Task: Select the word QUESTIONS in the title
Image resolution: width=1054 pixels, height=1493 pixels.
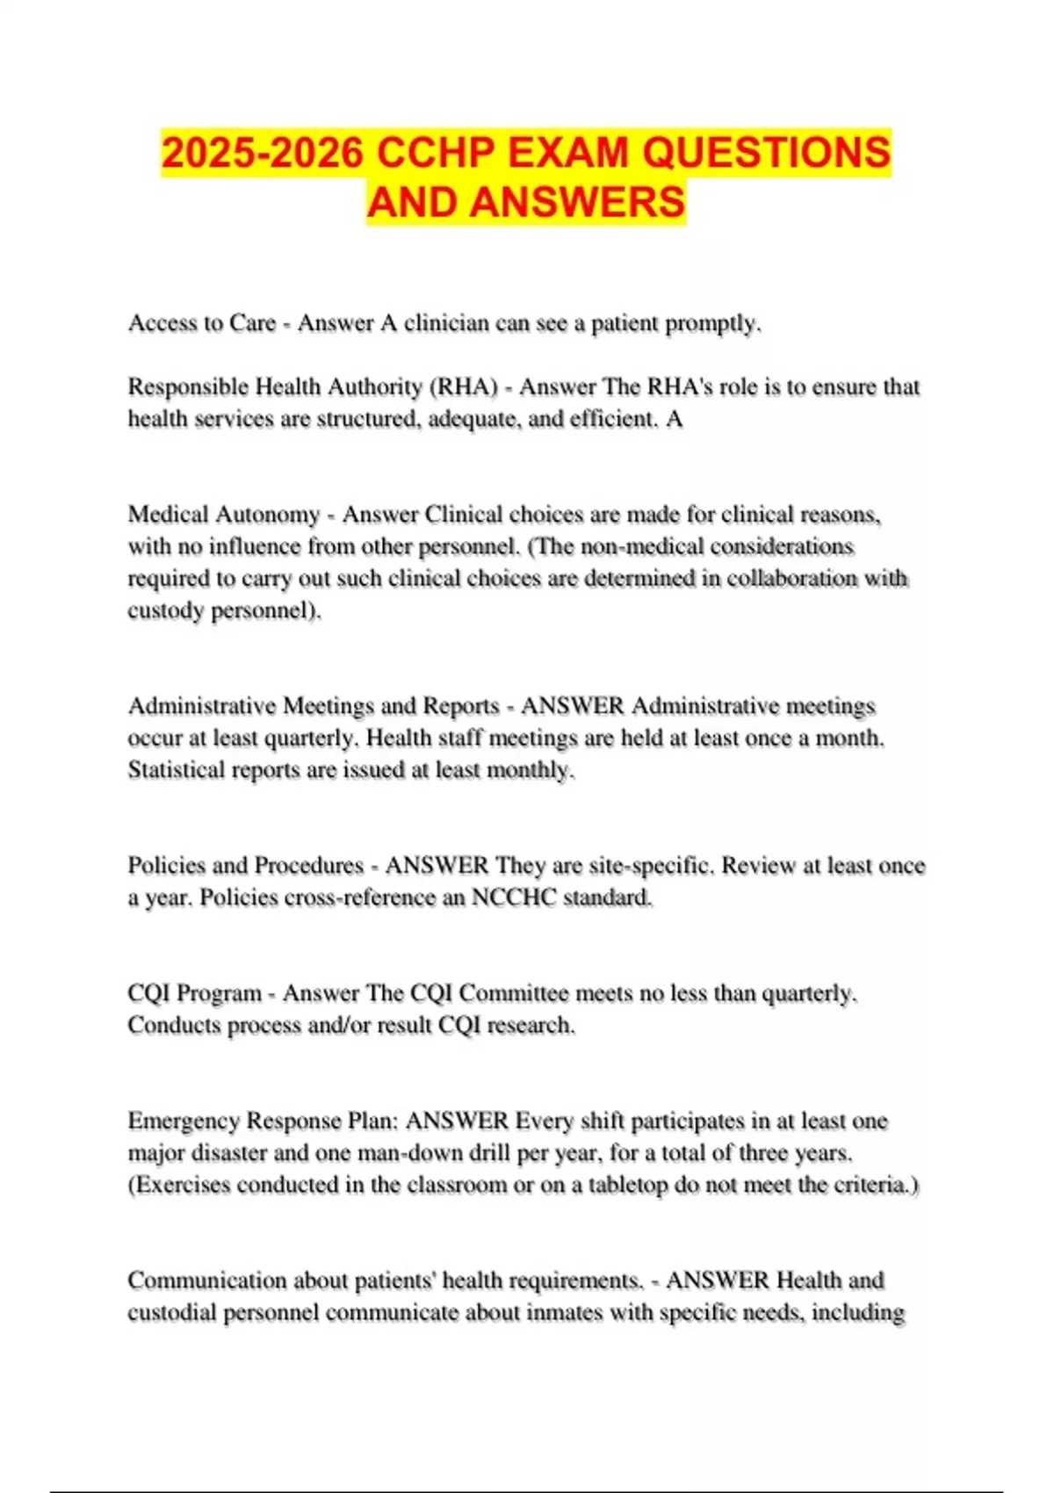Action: tap(766, 153)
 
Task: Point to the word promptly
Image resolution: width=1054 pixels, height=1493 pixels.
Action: tap(712, 323)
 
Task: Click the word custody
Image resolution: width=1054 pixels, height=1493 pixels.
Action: tap(166, 610)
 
